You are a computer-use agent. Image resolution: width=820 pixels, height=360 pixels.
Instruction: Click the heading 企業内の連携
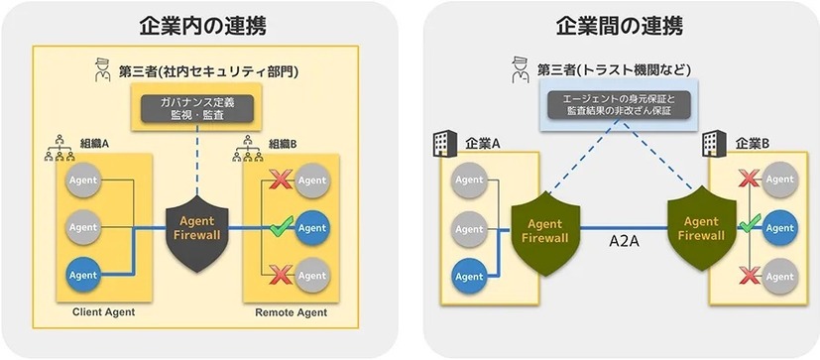[x=204, y=24]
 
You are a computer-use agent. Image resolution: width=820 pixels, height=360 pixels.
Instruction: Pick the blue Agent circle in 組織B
[x=312, y=227]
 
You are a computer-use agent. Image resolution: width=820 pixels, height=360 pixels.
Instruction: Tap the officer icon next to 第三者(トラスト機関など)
[x=516, y=69]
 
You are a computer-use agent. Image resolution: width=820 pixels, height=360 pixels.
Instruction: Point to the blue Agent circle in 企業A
[x=468, y=275]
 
